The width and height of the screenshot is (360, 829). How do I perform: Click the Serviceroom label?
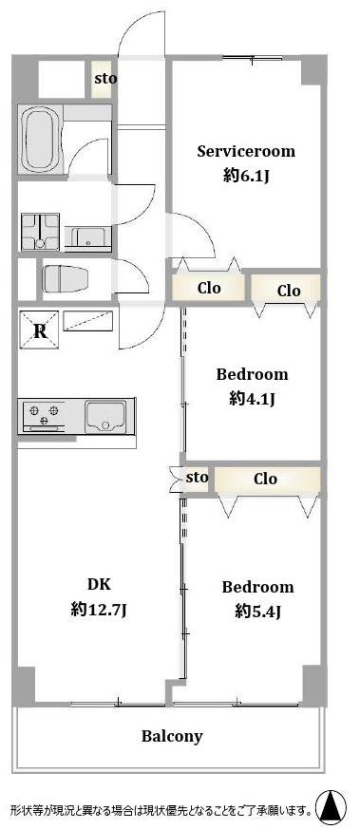click(246, 152)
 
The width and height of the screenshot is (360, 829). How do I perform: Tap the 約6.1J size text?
click(246, 176)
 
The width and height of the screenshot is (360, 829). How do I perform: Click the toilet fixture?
click(66, 278)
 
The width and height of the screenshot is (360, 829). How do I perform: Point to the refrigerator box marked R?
click(39, 330)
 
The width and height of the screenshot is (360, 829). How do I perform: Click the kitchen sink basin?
click(105, 416)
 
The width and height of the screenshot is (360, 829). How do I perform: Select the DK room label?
click(99, 585)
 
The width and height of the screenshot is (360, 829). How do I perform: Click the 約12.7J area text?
click(99, 611)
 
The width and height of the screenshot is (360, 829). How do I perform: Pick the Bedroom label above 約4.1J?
click(252, 375)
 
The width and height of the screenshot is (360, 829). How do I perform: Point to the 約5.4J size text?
click(258, 612)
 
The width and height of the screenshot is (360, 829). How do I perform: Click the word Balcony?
click(172, 737)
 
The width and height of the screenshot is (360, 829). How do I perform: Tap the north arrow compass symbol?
click(332, 806)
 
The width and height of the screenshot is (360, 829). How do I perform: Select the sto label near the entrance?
click(105, 80)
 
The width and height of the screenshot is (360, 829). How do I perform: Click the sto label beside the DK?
click(198, 478)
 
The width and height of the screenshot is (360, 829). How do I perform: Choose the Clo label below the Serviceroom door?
click(209, 288)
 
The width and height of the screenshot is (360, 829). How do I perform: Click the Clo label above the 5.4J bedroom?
click(265, 479)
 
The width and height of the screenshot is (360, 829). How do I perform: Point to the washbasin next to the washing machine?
click(87, 236)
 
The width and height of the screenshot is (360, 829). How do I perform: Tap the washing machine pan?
click(40, 231)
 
